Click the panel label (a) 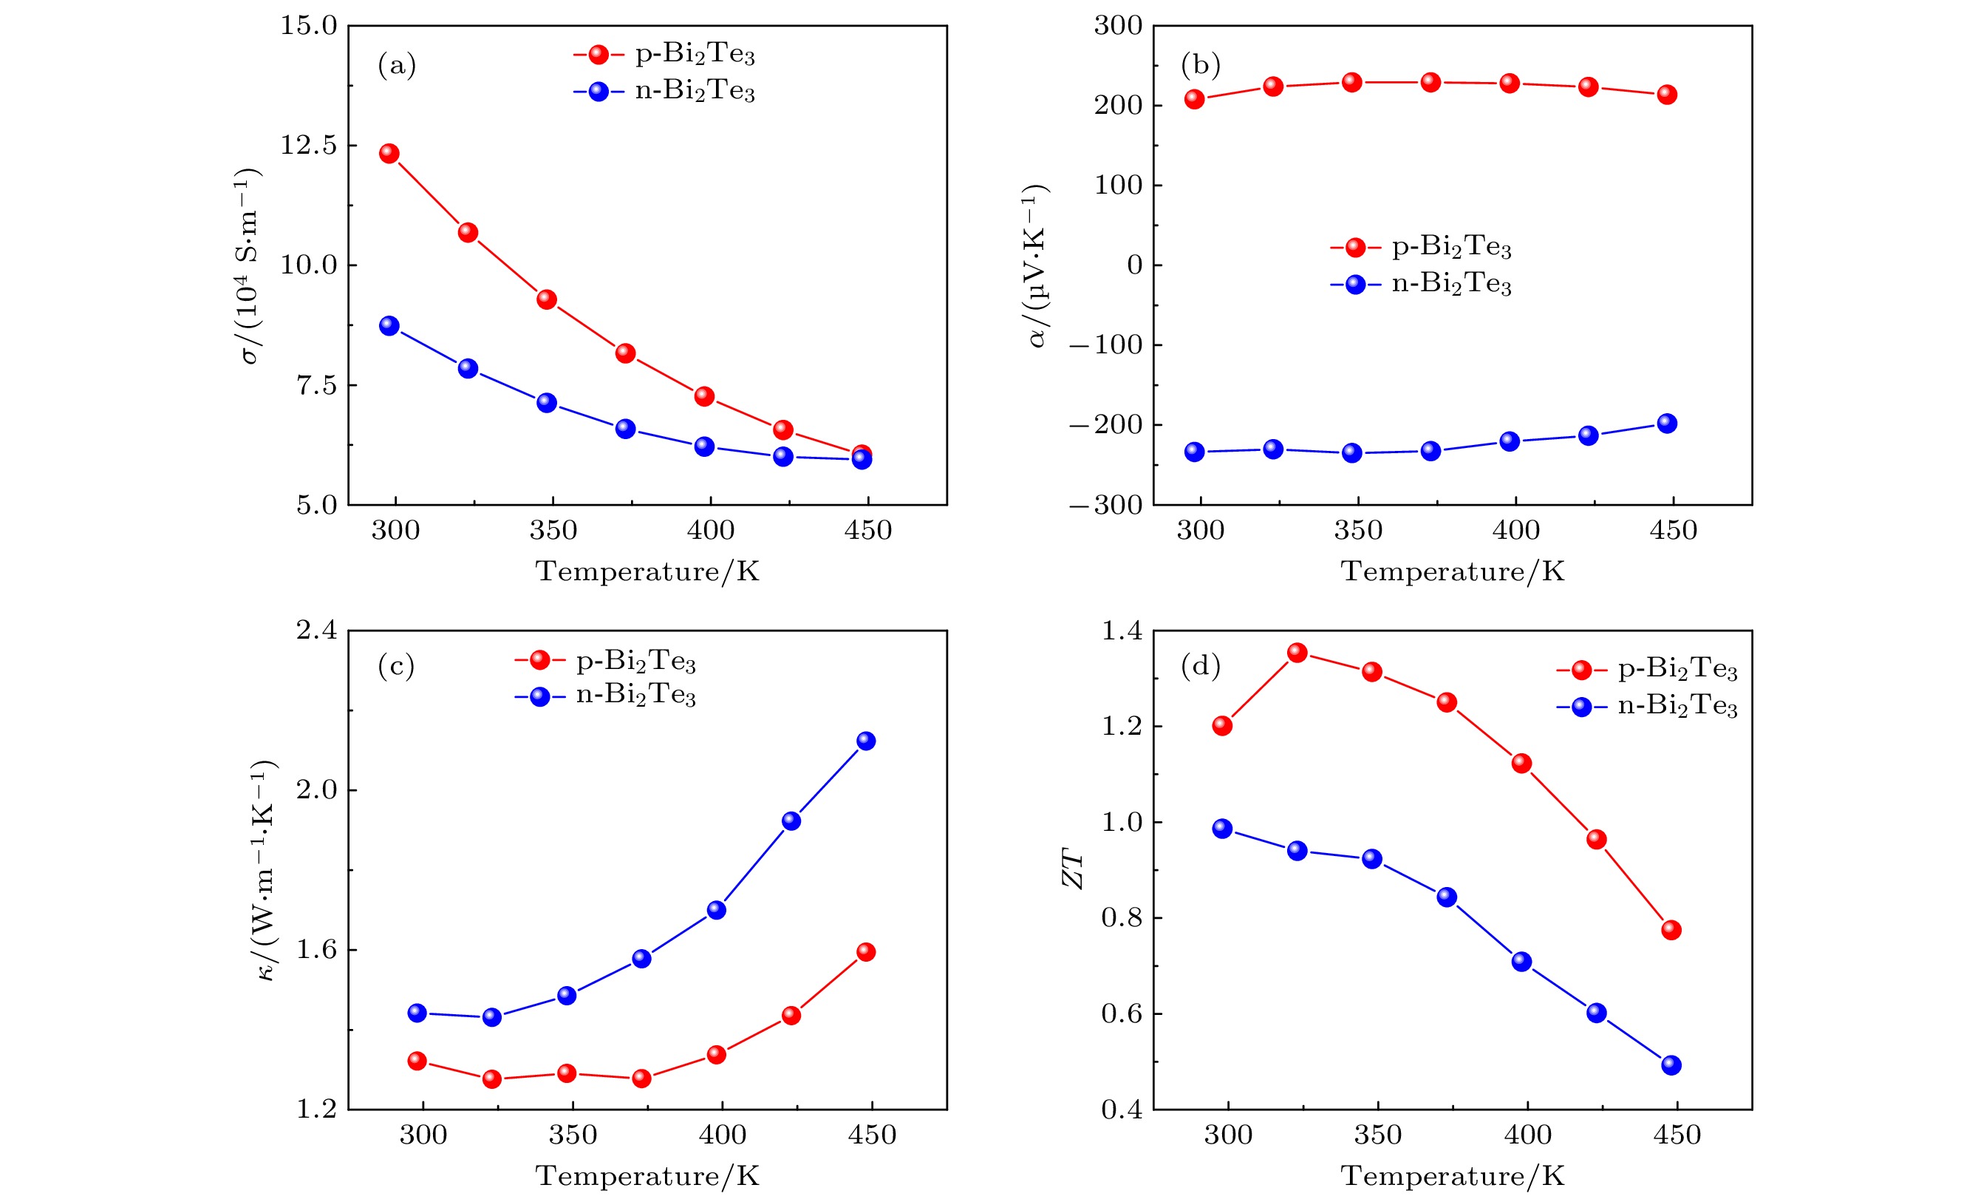pyautogui.click(x=397, y=65)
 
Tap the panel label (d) pyautogui.click(x=1200, y=666)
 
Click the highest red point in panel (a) pyautogui.click(x=389, y=154)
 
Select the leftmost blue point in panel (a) pyautogui.click(x=389, y=325)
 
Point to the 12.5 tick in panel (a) pyautogui.click(x=308, y=146)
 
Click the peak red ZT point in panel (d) pyautogui.click(x=1297, y=652)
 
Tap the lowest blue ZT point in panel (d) pyautogui.click(x=1671, y=1065)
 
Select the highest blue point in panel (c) pyautogui.click(x=866, y=741)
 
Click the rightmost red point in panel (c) pyautogui.click(x=866, y=951)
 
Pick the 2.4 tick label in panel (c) pyautogui.click(x=317, y=631)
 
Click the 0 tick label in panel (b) pyautogui.click(x=1134, y=265)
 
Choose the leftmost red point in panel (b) pyautogui.click(x=1195, y=99)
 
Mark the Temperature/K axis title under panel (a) pyautogui.click(x=647, y=572)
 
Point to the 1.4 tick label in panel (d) pyautogui.click(x=1122, y=631)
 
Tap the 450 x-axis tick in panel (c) pyautogui.click(x=872, y=1135)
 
